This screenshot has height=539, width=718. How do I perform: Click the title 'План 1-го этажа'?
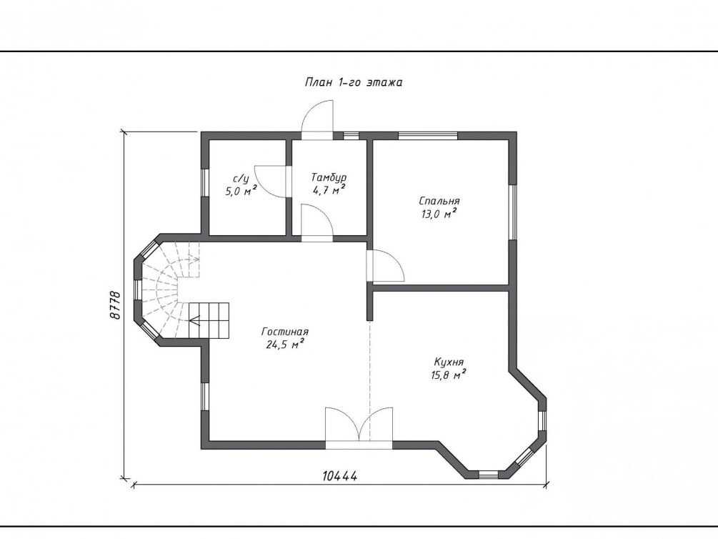354,82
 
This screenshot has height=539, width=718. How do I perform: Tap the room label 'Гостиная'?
285,332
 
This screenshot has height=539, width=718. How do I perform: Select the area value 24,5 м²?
285,345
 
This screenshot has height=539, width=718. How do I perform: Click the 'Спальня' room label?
439,201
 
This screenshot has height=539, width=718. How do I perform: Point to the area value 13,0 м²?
439,214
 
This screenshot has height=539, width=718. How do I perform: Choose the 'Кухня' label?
449,362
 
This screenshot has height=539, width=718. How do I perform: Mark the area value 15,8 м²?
448,375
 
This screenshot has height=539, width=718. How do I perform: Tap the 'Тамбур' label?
329,177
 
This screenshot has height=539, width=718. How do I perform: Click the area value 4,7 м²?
329,190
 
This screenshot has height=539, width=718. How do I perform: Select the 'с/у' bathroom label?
241,179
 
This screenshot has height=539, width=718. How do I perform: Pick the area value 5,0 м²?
241,191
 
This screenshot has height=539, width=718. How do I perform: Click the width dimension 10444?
339,476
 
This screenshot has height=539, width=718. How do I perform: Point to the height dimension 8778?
115,305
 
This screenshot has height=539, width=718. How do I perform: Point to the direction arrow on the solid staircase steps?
195,320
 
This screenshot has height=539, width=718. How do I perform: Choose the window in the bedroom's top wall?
428,136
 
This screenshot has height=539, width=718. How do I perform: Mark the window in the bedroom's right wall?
513,212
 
